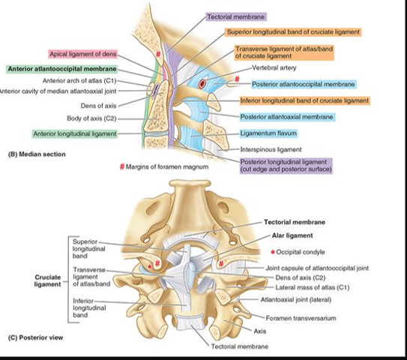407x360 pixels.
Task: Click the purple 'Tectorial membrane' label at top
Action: click(236, 17)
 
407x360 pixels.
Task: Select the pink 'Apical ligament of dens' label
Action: click(82, 54)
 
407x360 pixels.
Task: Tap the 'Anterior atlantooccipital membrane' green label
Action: click(61, 69)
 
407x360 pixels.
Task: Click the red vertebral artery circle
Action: click(202, 84)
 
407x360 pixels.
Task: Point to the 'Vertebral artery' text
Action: click(274, 67)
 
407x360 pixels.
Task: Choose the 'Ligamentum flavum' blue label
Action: click(268, 133)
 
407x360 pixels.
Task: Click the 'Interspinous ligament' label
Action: click(271, 149)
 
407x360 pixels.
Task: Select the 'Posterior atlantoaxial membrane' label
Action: click(286, 117)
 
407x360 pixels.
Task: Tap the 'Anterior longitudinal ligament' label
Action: click(75, 133)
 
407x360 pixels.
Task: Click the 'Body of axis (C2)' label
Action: click(91, 118)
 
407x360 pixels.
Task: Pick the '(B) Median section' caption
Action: click(37, 154)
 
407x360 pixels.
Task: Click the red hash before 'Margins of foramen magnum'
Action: click(121, 166)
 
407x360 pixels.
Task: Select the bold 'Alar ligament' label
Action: click(292, 235)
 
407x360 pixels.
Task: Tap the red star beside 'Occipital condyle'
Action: click(273, 252)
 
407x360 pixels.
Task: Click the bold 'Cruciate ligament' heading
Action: click(47, 280)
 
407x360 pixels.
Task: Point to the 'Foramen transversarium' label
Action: click(301, 318)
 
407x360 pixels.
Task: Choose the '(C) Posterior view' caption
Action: click(35, 337)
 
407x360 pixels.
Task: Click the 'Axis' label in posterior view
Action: click(260, 331)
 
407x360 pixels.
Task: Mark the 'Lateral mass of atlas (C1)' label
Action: click(313, 287)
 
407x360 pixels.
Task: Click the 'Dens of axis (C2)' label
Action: click(301, 277)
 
